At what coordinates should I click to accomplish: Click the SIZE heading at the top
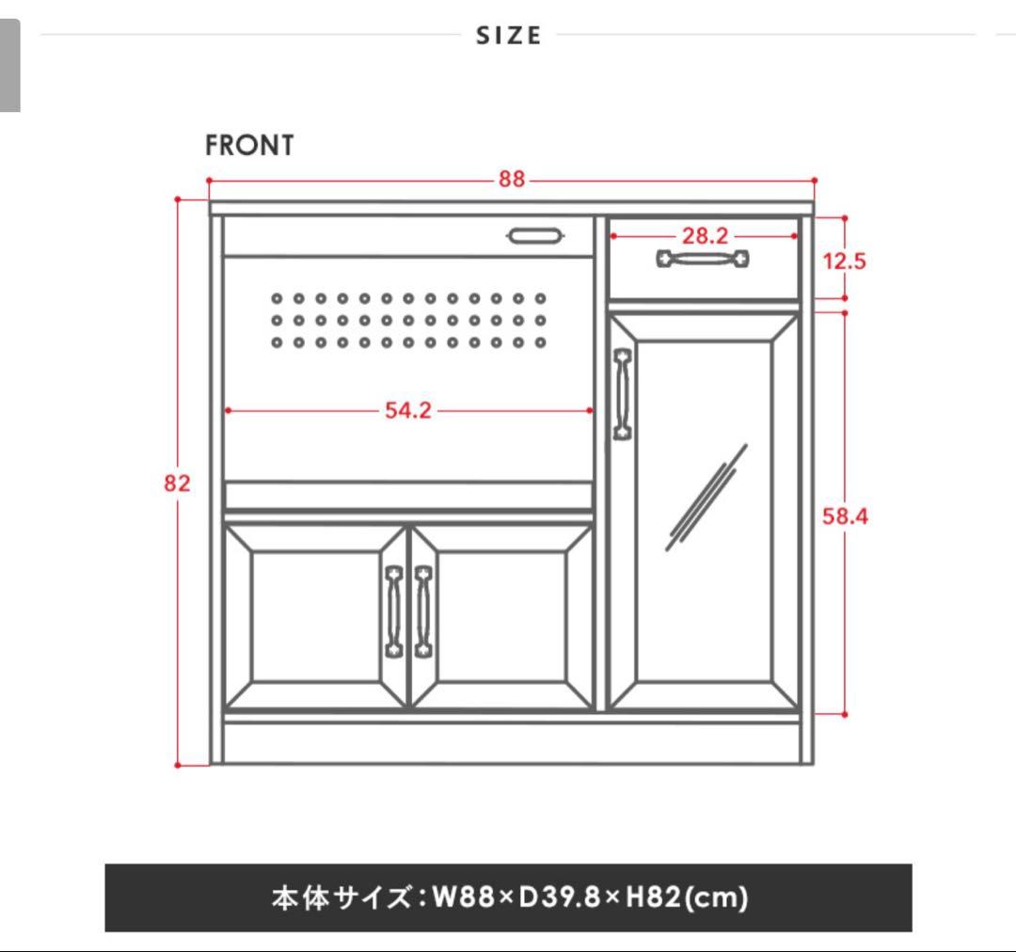point(509,36)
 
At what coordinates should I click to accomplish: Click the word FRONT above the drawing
point(249,146)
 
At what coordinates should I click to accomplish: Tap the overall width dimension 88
point(511,180)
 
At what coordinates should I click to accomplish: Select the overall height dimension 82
point(177,483)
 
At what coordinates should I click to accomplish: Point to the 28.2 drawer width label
point(705,236)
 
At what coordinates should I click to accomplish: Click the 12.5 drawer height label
point(844,262)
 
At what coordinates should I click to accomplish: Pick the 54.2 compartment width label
point(407,410)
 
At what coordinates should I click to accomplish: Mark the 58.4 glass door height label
point(845,516)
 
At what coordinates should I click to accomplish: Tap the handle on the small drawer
point(703,258)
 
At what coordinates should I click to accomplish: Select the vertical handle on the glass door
point(622,394)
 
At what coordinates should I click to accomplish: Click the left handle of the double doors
point(394,611)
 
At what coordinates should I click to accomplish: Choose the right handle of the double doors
point(423,611)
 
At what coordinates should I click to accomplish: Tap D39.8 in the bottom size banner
point(559,897)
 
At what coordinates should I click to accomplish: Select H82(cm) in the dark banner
point(687,897)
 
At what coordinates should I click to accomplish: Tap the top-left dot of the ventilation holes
point(277,298)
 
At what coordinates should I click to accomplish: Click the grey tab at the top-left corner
point(9,66)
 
